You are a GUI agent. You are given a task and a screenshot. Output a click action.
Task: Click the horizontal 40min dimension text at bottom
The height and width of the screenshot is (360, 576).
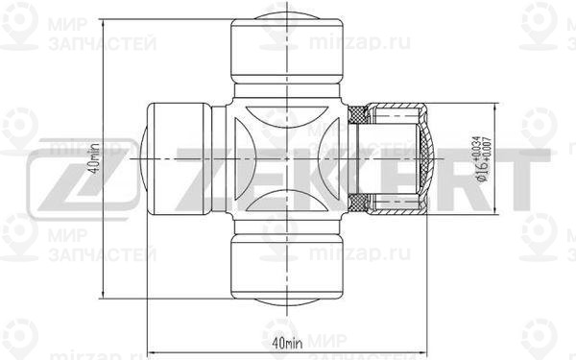286,342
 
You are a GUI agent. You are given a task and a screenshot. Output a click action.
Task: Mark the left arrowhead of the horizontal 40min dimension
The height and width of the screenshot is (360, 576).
152,350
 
